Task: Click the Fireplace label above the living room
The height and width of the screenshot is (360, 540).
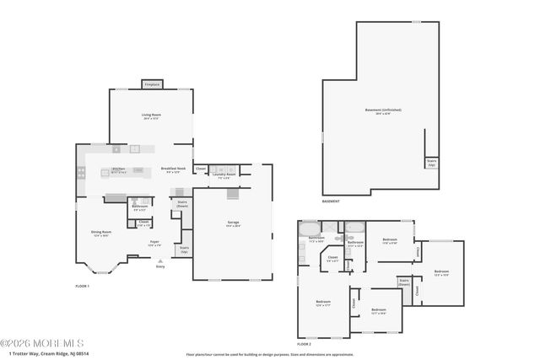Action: (152, 84)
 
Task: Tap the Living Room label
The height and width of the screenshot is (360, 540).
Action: (151, 117)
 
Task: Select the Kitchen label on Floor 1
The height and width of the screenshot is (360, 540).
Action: (119, 169)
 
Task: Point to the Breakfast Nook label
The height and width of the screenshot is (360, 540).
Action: (174, 169)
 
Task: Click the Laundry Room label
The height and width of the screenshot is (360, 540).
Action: (224, 176)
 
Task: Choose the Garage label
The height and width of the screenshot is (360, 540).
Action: (233, 223)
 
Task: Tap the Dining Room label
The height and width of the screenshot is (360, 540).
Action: (102, 234)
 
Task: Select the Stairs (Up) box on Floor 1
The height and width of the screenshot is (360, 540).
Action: (184, 250)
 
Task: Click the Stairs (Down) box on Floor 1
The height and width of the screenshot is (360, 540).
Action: (181, 203)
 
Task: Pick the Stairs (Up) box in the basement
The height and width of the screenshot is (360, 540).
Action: (431, 162)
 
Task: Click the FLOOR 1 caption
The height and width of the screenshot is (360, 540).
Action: (82, 287)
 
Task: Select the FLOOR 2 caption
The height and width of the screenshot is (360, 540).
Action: (304, 344)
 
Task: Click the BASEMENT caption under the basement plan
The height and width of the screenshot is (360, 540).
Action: (331, 201)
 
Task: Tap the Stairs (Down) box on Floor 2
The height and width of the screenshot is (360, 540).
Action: (403, 282)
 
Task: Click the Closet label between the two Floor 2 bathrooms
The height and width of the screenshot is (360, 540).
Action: (332, 260)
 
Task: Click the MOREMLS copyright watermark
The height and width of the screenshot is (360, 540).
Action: (42, 343)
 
